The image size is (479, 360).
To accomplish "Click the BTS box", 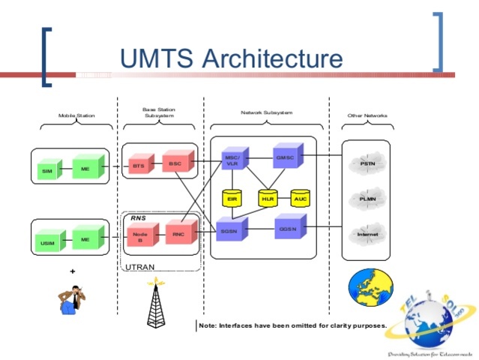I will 138,166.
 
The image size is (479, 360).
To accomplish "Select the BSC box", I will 175,163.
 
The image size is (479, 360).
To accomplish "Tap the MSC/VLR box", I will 232,160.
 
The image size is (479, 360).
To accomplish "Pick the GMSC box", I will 285,157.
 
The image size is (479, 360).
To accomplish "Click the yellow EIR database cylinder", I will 232,199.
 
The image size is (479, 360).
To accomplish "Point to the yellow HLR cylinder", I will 268,199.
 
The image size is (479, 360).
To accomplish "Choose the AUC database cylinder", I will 301,199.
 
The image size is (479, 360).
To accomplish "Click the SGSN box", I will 229,232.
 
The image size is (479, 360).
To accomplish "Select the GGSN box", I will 286,228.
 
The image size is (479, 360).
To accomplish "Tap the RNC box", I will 178,233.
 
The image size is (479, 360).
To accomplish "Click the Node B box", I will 139,238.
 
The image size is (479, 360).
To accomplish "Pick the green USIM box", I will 48,243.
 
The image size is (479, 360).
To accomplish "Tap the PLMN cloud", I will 367,198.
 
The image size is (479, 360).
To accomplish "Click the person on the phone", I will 73,298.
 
